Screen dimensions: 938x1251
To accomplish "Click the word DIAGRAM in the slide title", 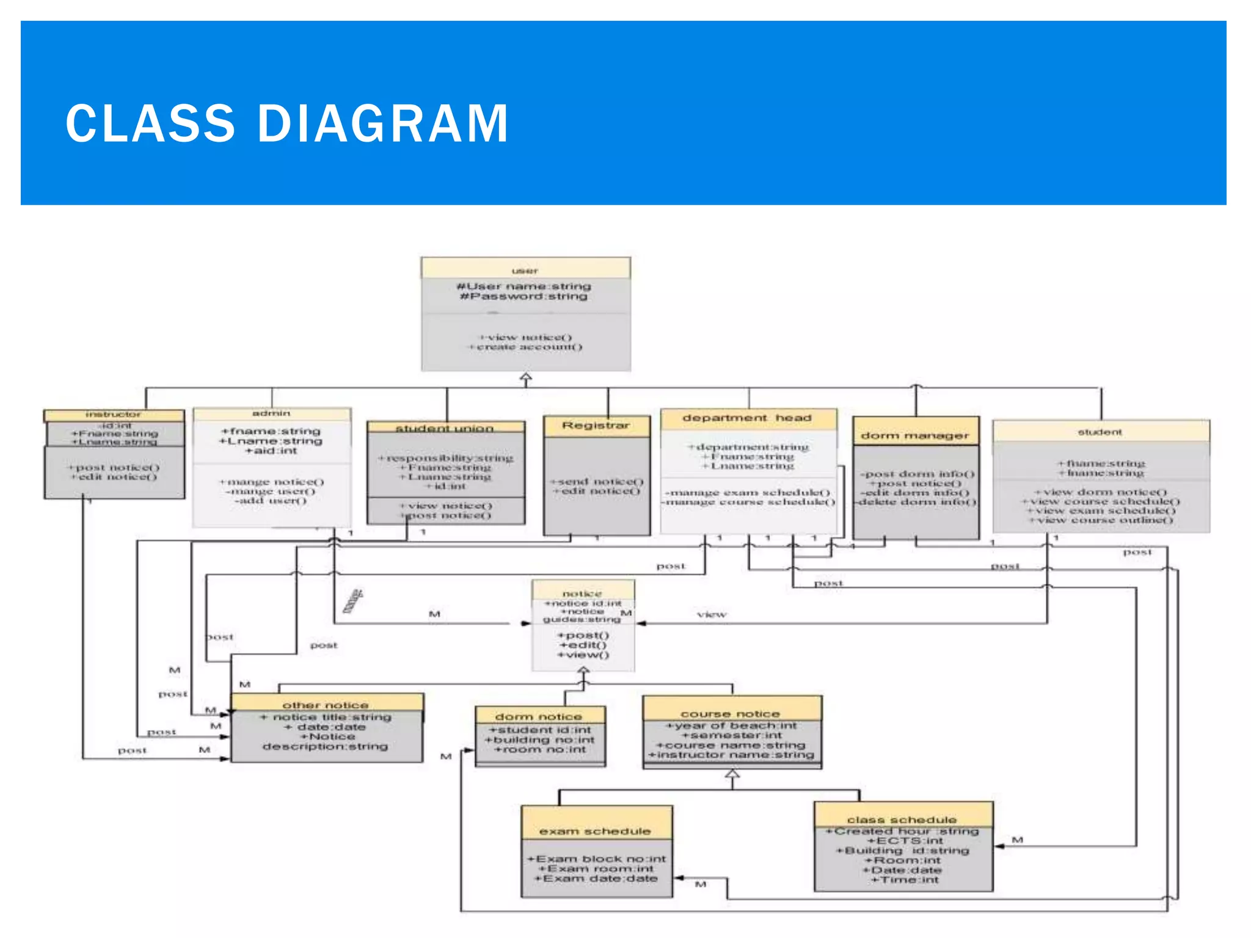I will point(383,124).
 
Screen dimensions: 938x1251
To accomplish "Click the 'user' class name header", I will point(525,271).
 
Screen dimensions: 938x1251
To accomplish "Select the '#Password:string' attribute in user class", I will point(524,296).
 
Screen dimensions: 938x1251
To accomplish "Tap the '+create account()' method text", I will point(525,347).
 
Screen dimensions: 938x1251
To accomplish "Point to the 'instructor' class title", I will point(114,415).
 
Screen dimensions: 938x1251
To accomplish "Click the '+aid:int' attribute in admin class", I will point(271,451).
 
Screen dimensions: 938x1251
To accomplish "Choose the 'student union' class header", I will point(445,428).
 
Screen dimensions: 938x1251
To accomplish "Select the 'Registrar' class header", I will point(596,425).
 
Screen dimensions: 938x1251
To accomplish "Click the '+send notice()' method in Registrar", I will point(597,481).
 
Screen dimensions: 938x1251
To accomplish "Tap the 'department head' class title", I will point(747,418).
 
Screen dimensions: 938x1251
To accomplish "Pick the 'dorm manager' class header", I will point(914,435).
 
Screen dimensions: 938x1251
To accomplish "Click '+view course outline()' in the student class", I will point(1101,520).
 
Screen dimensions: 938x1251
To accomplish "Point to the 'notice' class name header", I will point(582,593).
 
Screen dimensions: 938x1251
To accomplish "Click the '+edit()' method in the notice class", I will point(583,645).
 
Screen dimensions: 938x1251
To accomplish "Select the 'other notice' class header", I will point(326,705).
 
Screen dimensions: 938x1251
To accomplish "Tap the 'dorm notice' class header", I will point(539,716).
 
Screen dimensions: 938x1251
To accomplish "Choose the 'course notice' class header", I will point(731,713).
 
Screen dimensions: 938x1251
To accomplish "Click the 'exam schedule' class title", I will point(595,831).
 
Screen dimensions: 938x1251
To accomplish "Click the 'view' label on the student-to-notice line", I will point(712,614).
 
